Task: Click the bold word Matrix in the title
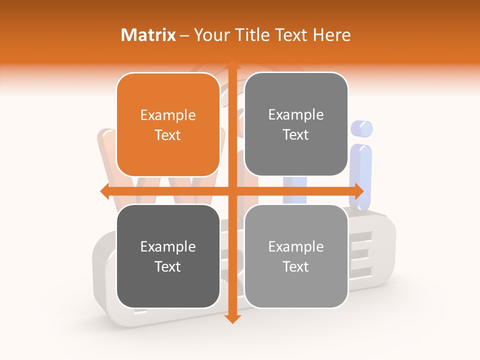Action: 148,35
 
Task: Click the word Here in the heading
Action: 331,35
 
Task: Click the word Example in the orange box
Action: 168,115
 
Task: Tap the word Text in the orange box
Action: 168,135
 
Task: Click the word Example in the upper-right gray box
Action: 296,115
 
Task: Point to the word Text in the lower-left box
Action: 168,266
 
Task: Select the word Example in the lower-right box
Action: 296,246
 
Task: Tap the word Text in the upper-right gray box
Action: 296,134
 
